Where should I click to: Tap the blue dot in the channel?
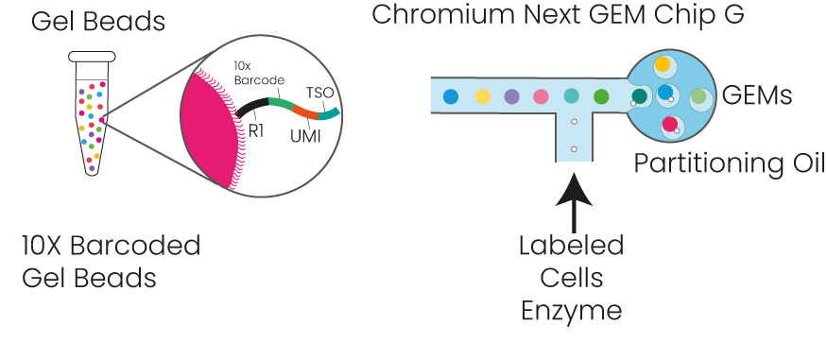point(451,95)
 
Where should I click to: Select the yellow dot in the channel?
point(483,95)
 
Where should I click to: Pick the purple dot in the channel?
point(511,95)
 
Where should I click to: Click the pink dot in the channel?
point(542,95)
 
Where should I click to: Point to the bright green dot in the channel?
point(600,95)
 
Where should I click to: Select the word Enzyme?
point(570,311)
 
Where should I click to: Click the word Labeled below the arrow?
point(570,247)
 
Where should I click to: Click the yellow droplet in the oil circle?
point(663,64)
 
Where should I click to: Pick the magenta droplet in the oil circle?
point(670,124)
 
